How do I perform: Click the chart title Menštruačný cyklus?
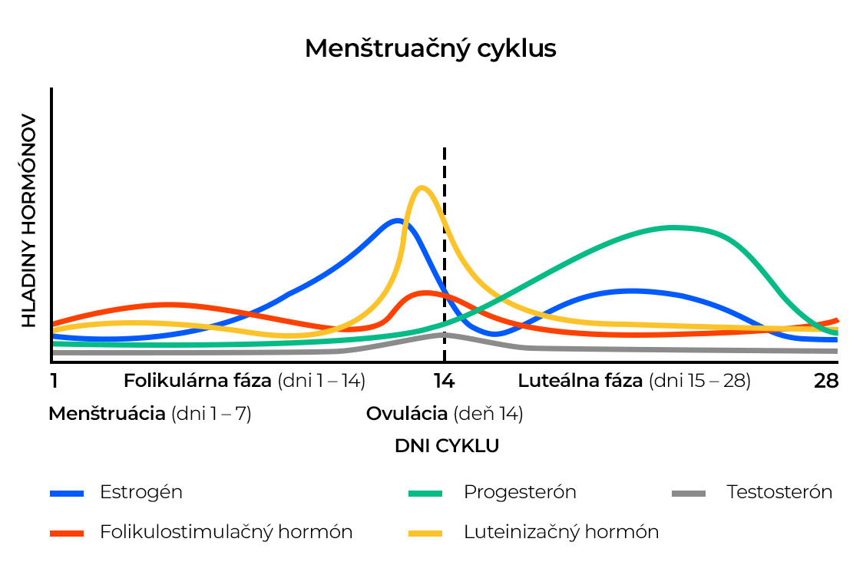click(430, 48)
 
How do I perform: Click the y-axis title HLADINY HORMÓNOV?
click(28, 222)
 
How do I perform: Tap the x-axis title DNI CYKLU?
click(446, 446)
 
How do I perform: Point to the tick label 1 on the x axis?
click(54, 381)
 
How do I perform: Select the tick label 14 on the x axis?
click(444, 381)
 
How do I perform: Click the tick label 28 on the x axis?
click(826, 381)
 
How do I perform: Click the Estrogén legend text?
click(141, 492)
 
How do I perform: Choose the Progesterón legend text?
click(520, 492)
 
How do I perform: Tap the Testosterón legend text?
click(779, 492)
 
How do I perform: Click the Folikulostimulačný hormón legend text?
click(226, 532)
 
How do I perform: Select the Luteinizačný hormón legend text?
click(561, 532)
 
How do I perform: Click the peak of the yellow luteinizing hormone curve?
click(420, 187)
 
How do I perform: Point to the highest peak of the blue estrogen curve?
click(396, 221)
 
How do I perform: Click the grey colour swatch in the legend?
click(688, 493)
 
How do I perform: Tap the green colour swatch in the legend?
click(425, 493)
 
